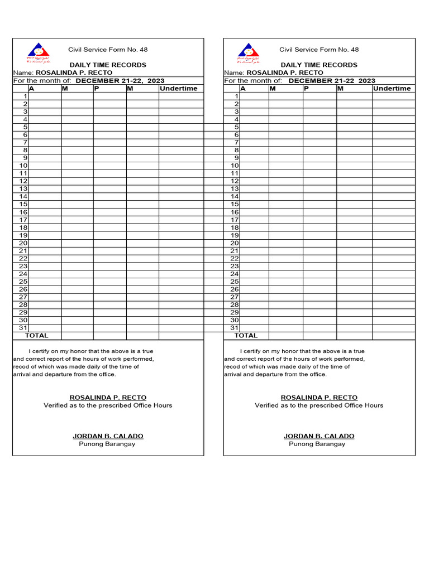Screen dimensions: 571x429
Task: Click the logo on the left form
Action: pos(39,52)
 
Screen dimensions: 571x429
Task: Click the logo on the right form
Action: pos(249,52)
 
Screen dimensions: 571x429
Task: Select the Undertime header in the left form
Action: pos(178,89)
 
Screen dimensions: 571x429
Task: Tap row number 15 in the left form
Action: pos(23,204)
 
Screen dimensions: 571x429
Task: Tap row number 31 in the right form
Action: pos(235,328)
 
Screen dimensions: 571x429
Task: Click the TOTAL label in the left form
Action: pos(36,336)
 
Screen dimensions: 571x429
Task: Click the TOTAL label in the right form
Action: pos(246,336)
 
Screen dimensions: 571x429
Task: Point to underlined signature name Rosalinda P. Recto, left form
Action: pos(107,398)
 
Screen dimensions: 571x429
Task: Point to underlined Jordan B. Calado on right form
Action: pos(318,436)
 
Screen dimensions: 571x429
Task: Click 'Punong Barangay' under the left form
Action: pos(107,444)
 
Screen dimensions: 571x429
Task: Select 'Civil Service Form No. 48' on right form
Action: pos(319,50)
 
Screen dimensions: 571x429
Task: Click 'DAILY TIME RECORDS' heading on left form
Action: pos(108,65)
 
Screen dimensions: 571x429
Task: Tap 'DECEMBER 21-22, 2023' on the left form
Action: pos(120,81)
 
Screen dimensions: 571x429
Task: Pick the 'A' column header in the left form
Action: pos(31,89)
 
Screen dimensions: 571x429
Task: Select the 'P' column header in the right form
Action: pos(307,89)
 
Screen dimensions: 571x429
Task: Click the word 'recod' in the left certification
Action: pos(22,367)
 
